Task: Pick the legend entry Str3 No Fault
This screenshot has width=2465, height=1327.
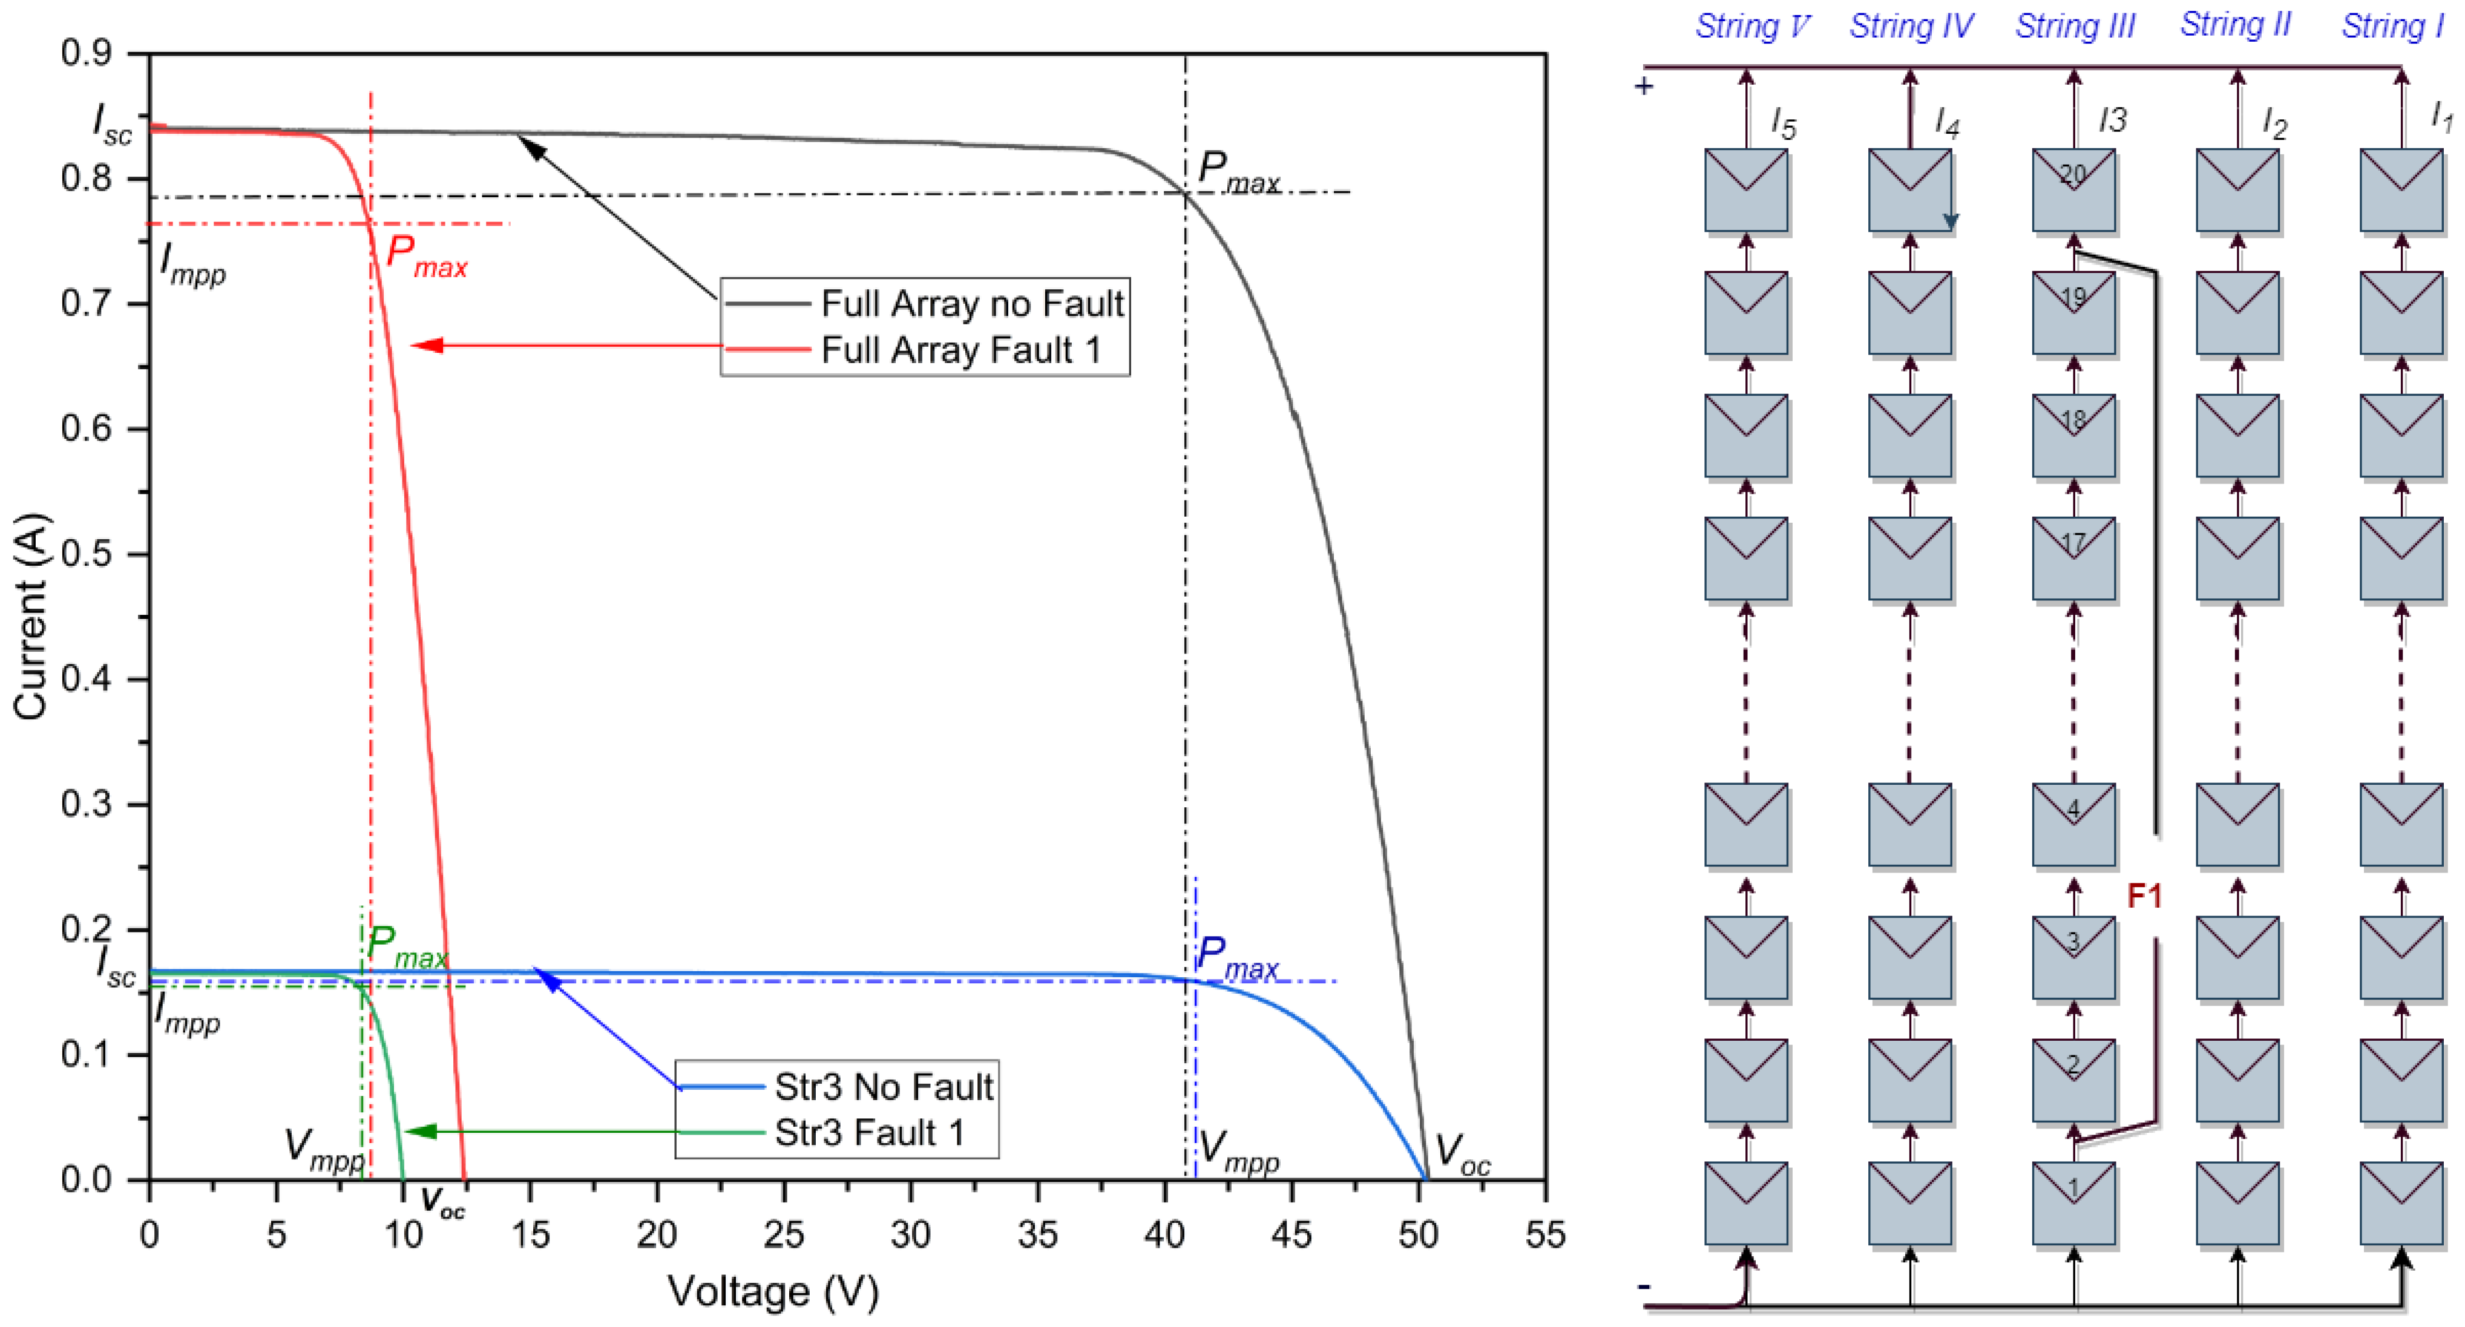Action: click(x=882, y=1087)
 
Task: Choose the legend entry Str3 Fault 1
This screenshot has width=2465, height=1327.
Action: click(x=868, y=1133)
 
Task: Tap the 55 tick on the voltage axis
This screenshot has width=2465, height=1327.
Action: click(x=1544, y=1235)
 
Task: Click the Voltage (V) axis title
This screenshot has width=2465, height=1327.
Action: click(x=772, y=1291)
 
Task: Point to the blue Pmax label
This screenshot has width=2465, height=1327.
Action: click(x=1235, y=958)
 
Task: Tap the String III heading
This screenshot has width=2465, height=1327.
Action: click(x=2075, y=26)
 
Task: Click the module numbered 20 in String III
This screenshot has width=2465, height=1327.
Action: click(x=2073, y=189)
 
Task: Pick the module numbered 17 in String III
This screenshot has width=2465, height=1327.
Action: click(x=2073, y=559)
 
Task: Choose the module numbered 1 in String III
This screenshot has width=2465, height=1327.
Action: click(x=2073, y=1202)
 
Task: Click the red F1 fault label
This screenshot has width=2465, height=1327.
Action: click(x=2144, y=897)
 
